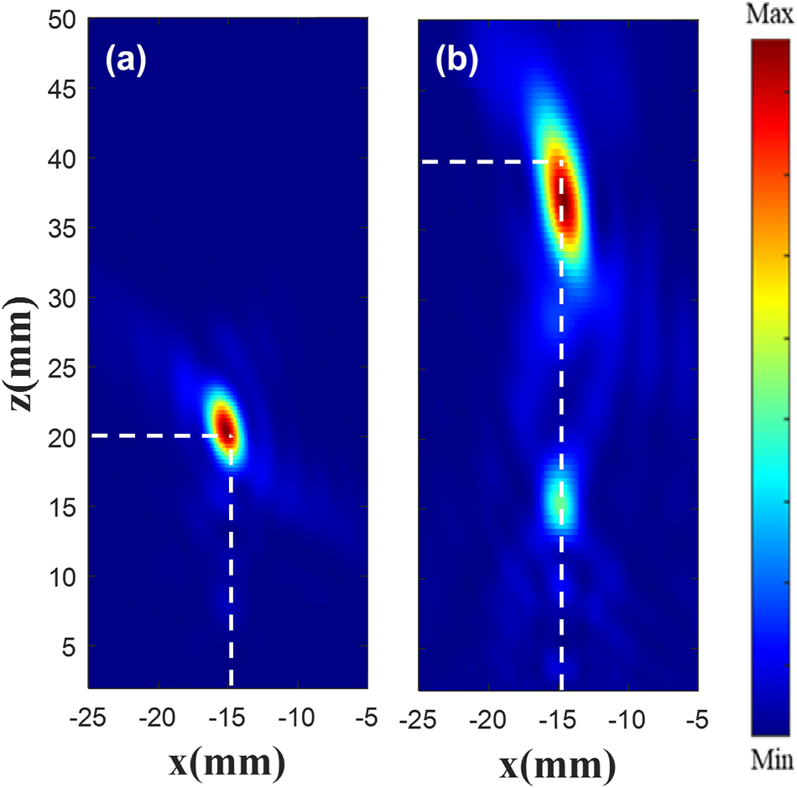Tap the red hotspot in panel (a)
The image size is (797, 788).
pyautogui.click(x=225, y=426)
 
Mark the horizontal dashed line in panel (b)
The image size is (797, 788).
pyautogui.click(x=487, y=161)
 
